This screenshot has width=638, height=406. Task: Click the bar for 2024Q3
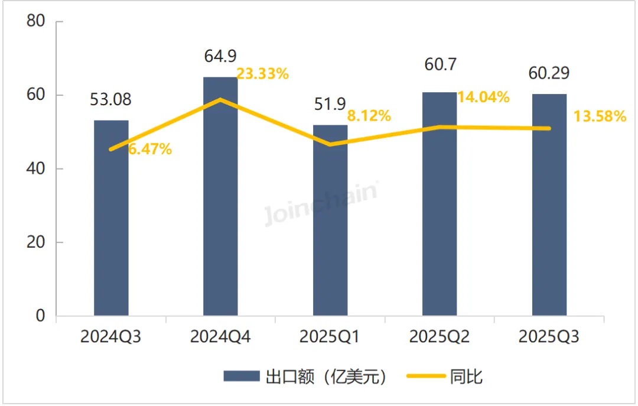click(111, 219)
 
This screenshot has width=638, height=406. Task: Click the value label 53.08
click(110, 99)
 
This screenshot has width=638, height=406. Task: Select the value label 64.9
click(220, 57)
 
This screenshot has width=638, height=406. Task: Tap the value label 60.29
click(548, 74)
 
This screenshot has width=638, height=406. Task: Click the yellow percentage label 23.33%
click(262, 74)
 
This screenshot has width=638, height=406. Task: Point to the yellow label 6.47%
click(150, 150)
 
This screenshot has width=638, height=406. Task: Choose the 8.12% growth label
click(369, 116)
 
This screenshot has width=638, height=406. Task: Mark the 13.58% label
click(600, 116)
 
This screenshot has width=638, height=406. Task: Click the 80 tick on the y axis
click(37, 21)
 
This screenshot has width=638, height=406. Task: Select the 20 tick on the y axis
click(37, 242)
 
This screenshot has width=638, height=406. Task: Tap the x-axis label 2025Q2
click(439, 337)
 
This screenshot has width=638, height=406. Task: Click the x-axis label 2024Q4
click(220, 337)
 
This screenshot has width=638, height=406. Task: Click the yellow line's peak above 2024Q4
click(220, 99)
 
